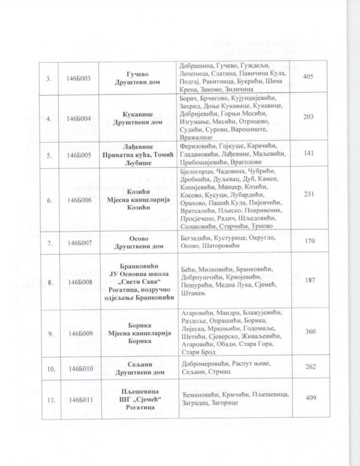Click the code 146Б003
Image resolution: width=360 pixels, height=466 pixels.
click(78, 78)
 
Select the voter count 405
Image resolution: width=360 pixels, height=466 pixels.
click(308, 76)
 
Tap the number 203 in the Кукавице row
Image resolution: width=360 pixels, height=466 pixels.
click(308, 117)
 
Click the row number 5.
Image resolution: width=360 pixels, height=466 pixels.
click(49, 155)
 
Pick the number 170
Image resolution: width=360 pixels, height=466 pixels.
click(309, 241)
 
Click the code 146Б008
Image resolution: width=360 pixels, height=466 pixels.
click(78, 282)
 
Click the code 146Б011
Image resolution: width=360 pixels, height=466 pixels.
click(78, 400)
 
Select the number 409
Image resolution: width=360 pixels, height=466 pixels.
click(309, 399)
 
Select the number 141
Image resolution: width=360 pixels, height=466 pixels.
click(309, 154)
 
